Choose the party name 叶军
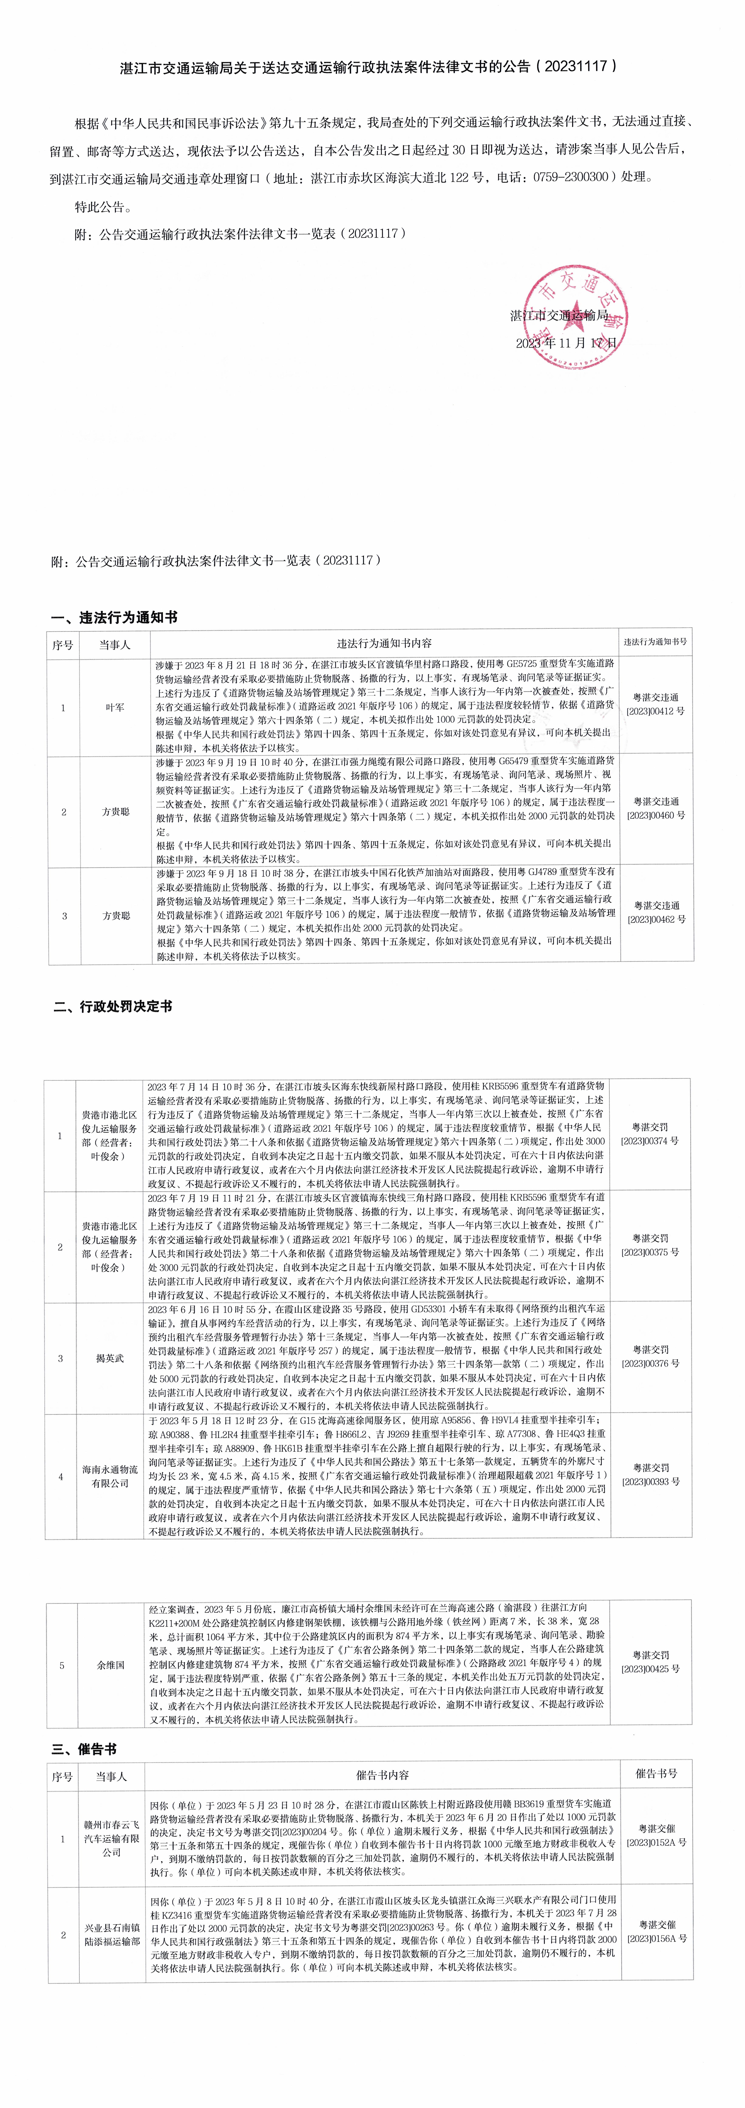point(115,707)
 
